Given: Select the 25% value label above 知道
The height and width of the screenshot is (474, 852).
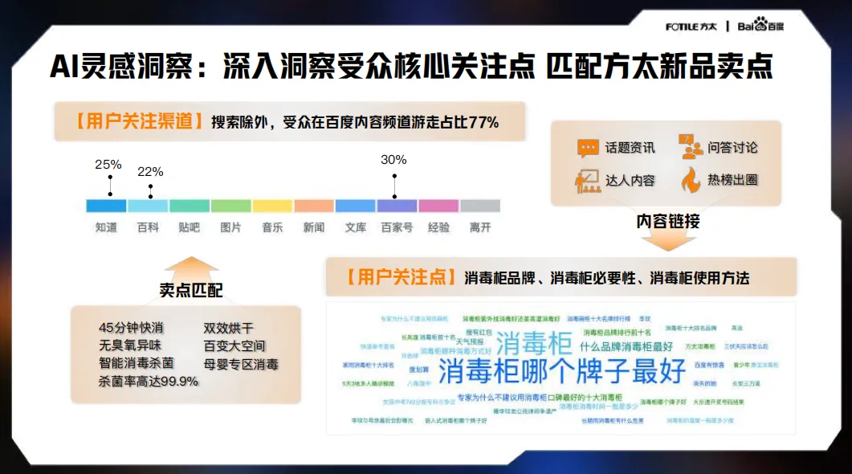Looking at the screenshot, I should pos(108,165).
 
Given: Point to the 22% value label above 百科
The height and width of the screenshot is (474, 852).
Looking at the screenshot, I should pos(150,172).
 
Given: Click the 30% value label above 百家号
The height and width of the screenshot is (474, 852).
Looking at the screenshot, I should pos(393,160).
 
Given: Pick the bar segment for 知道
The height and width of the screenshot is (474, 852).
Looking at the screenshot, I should pos(106,206).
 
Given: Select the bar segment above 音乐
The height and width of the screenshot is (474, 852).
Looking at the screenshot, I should pos(272,206).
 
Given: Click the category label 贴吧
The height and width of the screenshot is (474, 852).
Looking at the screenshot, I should pos(190,227).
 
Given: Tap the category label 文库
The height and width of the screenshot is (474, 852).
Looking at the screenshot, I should pos(356,227).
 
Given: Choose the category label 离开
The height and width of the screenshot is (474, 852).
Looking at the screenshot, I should pos(480,227).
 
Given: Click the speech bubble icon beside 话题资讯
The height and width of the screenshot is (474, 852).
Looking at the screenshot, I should pos(588,149).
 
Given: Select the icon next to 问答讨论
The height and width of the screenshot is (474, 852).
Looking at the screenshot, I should pos(691,147).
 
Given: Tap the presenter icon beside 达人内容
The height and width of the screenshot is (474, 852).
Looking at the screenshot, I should pos(588,180).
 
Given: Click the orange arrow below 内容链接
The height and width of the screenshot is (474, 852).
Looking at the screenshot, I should pos(667,239).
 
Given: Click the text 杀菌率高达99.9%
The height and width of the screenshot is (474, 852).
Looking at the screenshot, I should pos(149,381).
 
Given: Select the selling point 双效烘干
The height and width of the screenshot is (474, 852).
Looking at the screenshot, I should pos(229,328).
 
